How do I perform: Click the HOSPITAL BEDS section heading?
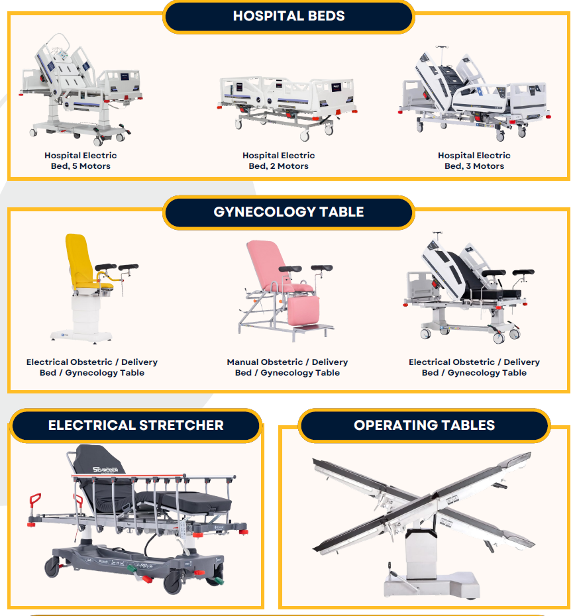[x=288, y=16]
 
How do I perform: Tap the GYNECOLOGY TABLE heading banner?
[x=288, y=212]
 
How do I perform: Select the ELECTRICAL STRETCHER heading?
[x=136, y=425]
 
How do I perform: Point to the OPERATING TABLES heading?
[x=424, y=425]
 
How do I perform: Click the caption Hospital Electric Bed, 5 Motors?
[x=81, y=161]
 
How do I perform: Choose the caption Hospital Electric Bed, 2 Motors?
[x=279, y=161]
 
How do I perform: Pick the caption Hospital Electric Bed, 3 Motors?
[x=474, y=161]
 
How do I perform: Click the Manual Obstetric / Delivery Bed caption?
[x=287, y=368]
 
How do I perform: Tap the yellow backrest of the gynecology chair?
[x=79, y=259]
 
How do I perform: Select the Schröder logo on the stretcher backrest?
[x=105, y=469]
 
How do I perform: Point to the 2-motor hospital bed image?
[x=287, y=106]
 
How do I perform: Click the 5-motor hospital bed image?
[x=81, y=89]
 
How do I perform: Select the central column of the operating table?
[x=421, y=554]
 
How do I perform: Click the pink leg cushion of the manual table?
[x=303, y=311]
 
